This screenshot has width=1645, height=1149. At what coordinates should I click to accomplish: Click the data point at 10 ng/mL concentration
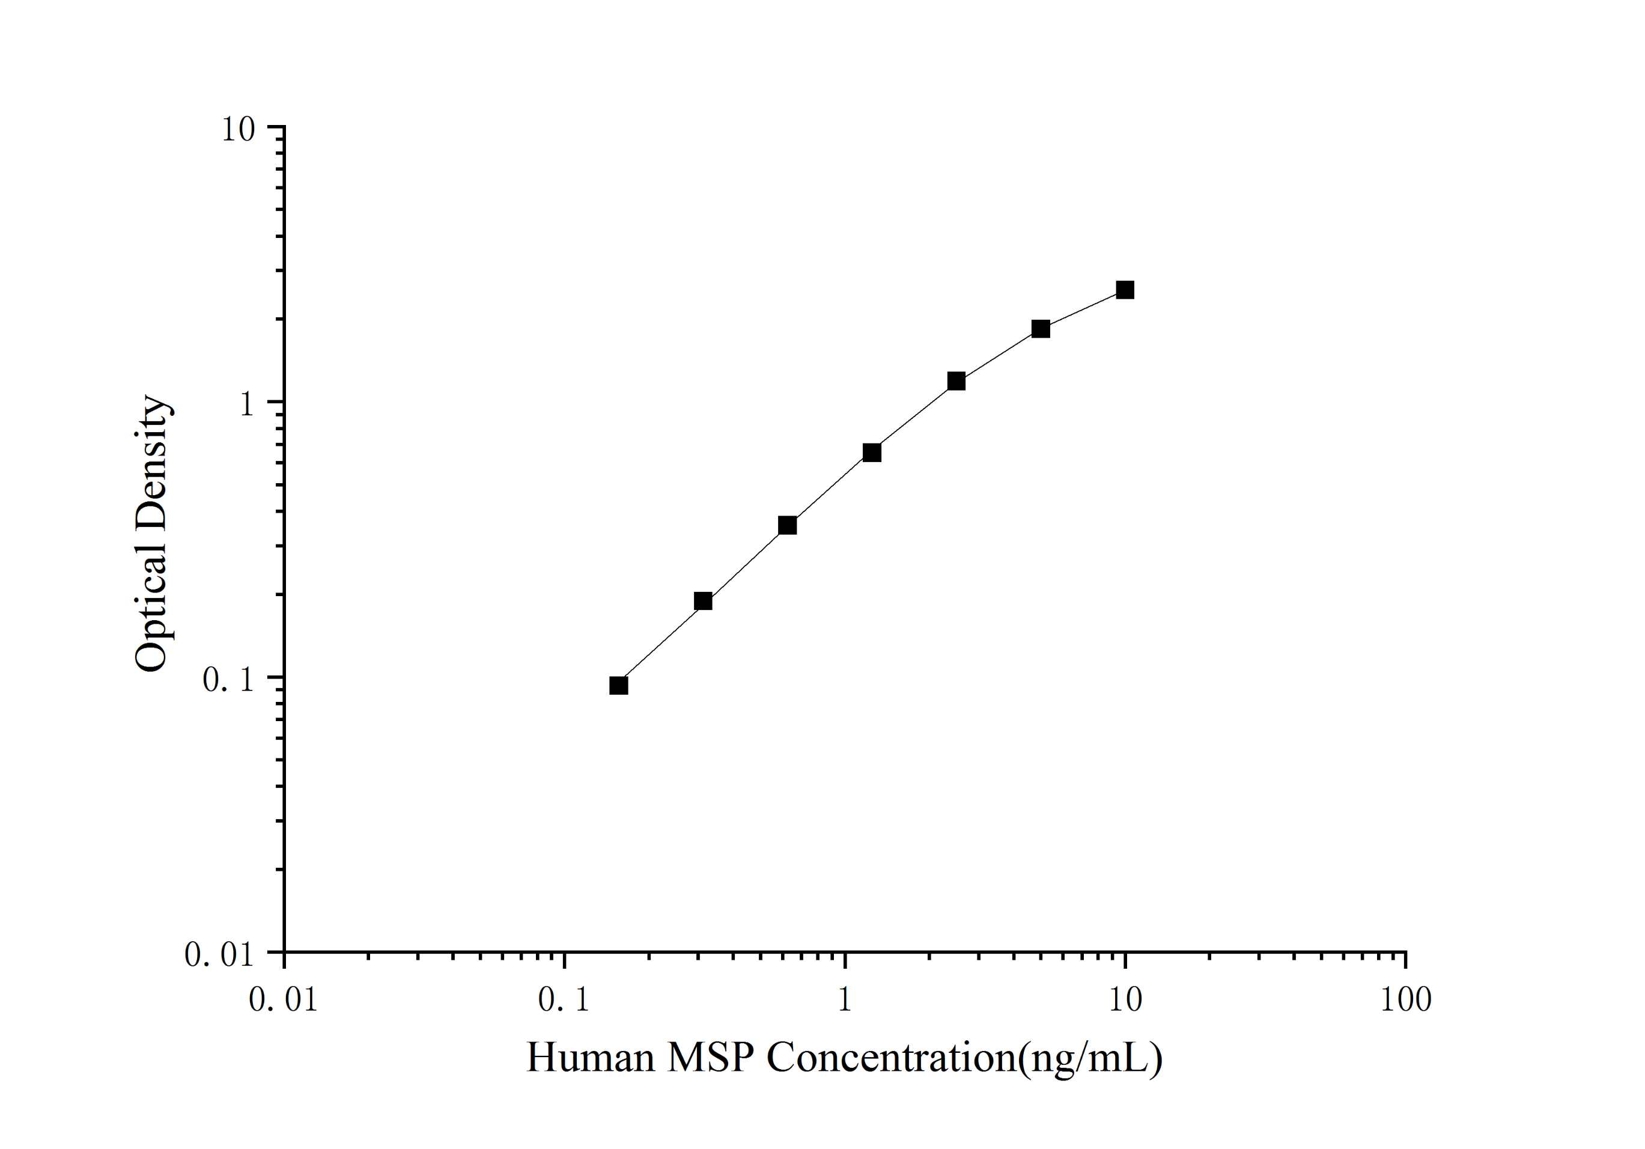coord(1125,290)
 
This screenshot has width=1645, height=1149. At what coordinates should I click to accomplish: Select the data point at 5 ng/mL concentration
coord(1041,328)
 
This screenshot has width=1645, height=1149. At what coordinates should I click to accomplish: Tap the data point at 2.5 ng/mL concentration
coord(956,380)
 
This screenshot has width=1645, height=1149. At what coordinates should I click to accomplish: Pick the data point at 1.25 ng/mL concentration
coord(871,453)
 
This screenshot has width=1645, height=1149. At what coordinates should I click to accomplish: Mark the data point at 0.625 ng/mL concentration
coord(786,525)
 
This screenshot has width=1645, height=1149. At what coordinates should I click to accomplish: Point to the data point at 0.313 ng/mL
coord(703,601)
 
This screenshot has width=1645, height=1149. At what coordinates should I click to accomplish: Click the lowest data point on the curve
coord(618,685)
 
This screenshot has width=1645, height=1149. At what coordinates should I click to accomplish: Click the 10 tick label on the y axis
coord(238,130)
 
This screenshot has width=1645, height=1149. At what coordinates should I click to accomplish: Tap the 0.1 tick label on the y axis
coord(228,680)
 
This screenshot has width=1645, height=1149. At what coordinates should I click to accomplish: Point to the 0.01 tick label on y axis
coord(219,955)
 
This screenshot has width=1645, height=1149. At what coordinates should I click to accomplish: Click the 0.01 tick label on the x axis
coord(283,999)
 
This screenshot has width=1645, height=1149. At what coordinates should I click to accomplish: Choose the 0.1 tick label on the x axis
coord(564,999)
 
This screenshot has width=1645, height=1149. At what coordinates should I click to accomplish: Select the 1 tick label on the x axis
coord(845,999)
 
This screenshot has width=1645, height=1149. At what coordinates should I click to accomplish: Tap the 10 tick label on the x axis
coord(1125,999)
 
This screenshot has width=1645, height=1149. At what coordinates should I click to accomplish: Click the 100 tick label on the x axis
coord(1406,999)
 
